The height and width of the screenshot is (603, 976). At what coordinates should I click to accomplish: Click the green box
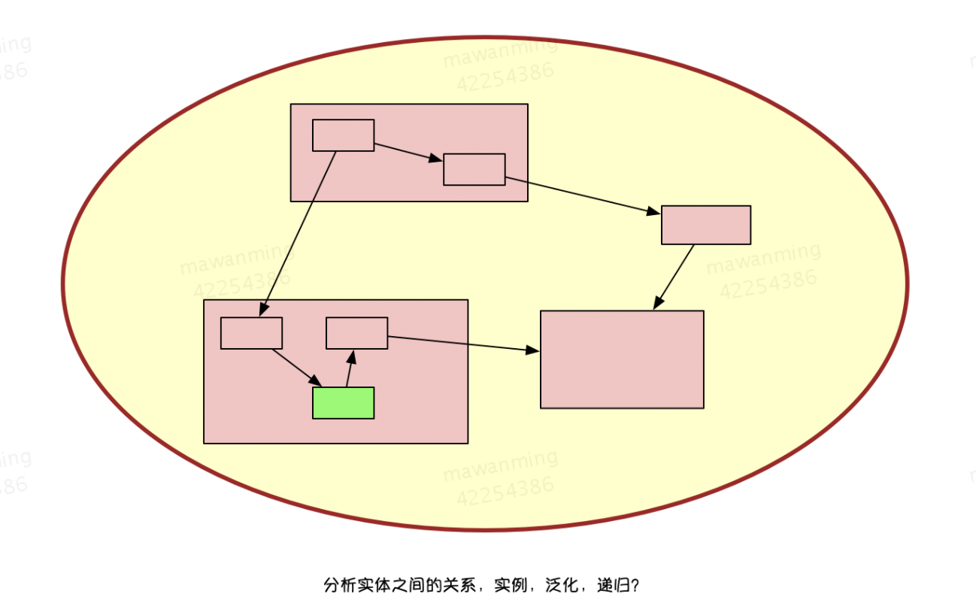[x=343, y=403]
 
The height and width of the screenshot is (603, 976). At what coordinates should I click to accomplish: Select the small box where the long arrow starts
[x=343, y=135]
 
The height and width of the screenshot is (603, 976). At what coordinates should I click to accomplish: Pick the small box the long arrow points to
[x=251, y=333]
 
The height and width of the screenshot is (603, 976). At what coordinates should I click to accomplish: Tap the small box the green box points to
[x=356, y=333]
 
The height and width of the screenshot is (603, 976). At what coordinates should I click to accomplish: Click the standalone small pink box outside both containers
[x=705, y=225]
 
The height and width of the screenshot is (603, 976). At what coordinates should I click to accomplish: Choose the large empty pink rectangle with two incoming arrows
[x=622, y=359]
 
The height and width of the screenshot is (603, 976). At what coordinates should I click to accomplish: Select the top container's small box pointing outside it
[x=474, y=169]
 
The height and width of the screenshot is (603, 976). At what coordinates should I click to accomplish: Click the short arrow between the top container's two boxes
[x=408, y=152]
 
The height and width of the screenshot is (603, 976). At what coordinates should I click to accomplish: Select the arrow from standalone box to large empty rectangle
[x=674, y=277]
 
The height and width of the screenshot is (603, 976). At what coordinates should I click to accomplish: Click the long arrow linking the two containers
[x=298, y=233]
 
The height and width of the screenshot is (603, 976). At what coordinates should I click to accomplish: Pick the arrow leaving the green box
[x=350, y=368]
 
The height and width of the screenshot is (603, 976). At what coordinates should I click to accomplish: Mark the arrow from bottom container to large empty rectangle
[x=463, y=344]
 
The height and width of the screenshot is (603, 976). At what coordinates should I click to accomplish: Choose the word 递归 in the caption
[x=611, y=585]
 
